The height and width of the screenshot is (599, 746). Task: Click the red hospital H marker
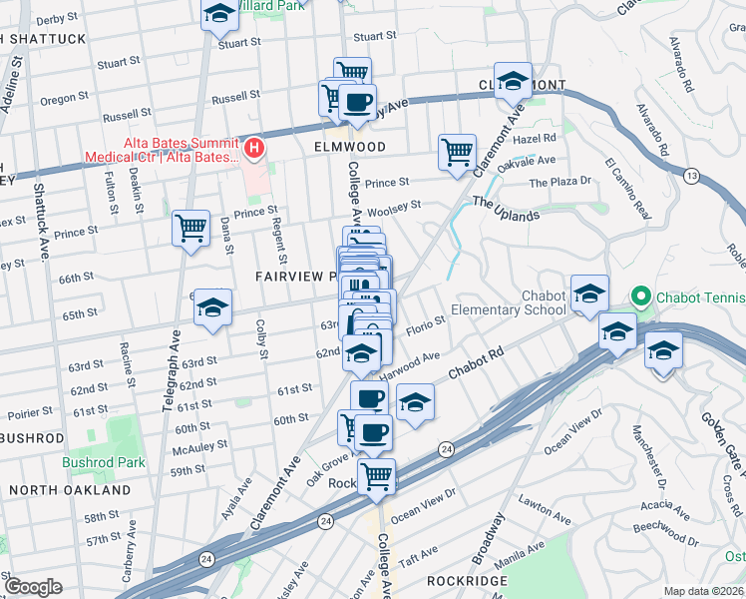[254, 150]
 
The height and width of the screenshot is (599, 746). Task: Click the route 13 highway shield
[690, 176]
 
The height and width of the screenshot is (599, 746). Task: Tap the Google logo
[33, 586]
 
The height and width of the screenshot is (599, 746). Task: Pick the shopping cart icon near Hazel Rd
[457, 153]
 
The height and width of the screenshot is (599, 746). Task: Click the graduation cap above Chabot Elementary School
[589, 293]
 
